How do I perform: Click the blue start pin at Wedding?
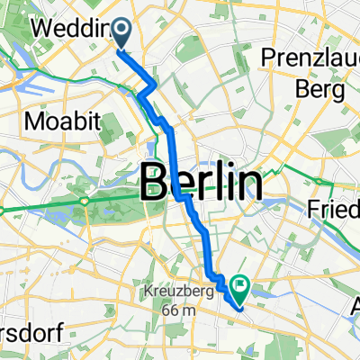point(121,33)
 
